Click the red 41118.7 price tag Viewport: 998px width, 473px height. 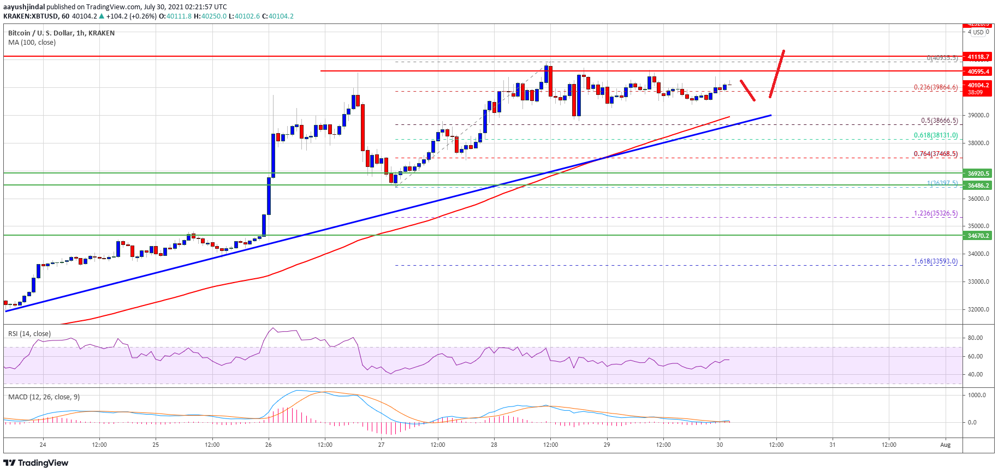978,57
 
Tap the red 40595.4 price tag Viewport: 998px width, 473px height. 978,71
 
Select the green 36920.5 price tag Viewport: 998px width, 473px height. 978,173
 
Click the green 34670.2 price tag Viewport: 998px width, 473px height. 978,236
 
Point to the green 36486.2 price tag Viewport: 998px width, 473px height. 978,185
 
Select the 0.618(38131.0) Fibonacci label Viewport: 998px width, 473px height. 936,135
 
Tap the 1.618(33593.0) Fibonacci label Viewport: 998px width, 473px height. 936,261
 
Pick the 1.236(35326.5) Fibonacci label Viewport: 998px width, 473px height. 936,213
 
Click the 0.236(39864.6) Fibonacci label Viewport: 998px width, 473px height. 936,87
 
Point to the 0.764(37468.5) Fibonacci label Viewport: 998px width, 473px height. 936,154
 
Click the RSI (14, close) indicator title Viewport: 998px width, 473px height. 29,334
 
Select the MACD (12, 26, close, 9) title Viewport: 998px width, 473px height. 44,397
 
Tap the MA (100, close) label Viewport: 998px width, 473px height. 32,43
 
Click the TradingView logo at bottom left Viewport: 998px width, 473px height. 36,463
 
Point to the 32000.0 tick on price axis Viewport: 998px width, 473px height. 978,309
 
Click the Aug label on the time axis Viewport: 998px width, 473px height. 946,445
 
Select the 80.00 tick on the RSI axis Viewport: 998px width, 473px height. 975,338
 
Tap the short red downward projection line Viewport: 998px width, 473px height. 747,91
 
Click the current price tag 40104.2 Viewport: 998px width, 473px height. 978,86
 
